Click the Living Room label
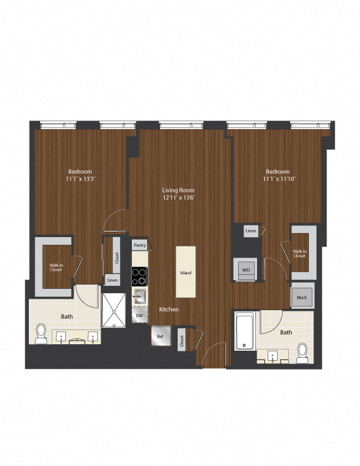pyautogui.click(x=178, y=190)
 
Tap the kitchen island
pyautogui.click(x=186, y=272)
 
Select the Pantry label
pyautogui.click(x=140, y=245)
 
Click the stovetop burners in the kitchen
pyautogui.click(x=139, y=277)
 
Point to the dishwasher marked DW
pyautogui.click(x=139, y=315)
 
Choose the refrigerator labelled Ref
pyautogui.click(x=161, y=336)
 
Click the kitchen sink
pyautogui.click(x=139, y=296)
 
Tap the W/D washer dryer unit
pyautogui.click(x=245, y=269)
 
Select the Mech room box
pyautogui.click(x=302, y=297)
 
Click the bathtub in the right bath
pyautogui.click(x=245, y=331)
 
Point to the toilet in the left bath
pyautogui.click(x=41, y=334)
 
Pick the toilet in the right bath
pyautogui.click(x=302, y=354)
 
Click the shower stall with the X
pyautogui.click(x=114, y=310)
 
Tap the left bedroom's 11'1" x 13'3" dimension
pyautogui.click(x=81, y=179)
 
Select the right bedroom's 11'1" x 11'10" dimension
pyautogui.click(x=279, y=179)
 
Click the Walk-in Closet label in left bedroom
pyautogui.click(x=56, y=268)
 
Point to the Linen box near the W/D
pyautogui.click(x=251, y=231)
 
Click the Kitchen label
pyautogui.click(x=169, y=309)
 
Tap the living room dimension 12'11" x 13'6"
pyautogui.click(x=179, y=198)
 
